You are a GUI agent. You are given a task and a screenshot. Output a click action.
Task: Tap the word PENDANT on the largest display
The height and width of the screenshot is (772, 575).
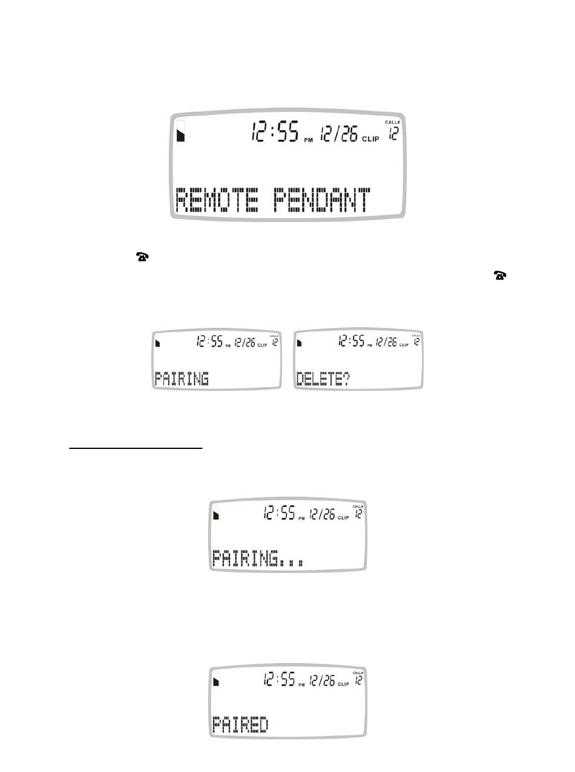321,200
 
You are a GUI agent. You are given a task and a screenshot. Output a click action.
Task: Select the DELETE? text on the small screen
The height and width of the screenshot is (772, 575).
323,379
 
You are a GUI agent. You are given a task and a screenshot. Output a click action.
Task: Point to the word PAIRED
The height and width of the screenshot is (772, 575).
240,724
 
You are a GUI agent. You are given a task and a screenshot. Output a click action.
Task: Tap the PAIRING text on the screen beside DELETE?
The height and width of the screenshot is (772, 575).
182,379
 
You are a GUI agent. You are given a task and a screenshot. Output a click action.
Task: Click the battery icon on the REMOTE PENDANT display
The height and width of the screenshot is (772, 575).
180,133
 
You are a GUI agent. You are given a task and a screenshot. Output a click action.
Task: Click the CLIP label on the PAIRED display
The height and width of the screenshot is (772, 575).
343,685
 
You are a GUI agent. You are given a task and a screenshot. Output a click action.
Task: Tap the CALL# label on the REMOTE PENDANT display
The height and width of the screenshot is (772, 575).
393,123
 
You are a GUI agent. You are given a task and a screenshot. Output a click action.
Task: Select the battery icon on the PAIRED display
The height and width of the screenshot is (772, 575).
217,681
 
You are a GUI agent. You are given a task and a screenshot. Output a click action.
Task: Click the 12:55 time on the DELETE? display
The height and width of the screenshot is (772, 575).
352,342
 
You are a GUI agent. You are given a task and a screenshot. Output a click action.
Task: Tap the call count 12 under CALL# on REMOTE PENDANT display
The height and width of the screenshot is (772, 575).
393,134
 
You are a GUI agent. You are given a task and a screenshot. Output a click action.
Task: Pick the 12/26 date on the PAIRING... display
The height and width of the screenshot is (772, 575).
322,515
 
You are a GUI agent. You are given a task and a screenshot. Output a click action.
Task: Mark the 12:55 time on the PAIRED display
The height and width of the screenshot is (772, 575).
279,681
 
